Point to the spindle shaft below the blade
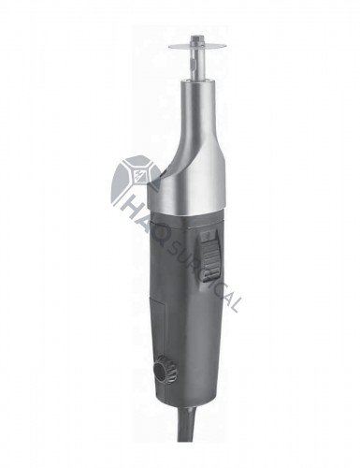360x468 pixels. [193, 65]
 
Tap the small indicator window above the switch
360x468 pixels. [207, 237]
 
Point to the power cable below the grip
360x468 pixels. [187, 424]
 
